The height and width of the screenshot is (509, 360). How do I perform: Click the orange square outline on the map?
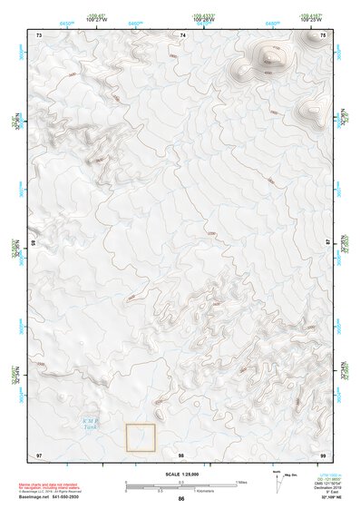141,437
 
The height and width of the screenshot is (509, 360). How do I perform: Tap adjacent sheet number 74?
182,34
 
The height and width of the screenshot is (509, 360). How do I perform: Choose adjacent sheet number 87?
327,243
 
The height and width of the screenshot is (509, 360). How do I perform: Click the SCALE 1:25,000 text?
181,475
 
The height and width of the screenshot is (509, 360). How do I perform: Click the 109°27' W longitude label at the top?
95,18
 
